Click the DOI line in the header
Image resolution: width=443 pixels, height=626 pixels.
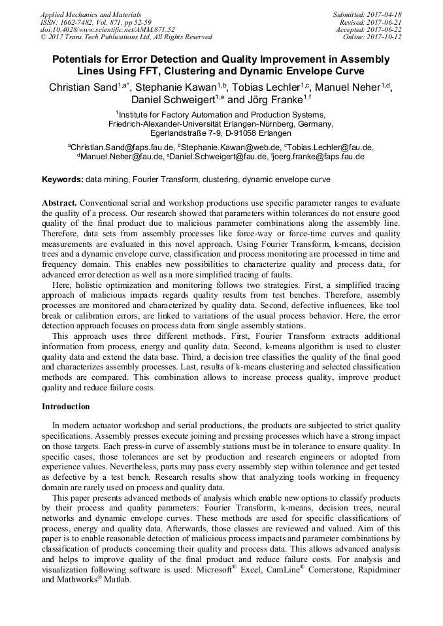click(x=107, y=29)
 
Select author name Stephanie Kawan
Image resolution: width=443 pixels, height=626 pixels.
click(x=176, y=87)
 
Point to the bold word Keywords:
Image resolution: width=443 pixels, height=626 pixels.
click(x=63, y=180)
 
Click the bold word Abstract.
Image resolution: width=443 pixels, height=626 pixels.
click(x=59, y=203)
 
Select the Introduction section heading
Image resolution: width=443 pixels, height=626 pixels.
click(x=66, y=407)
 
